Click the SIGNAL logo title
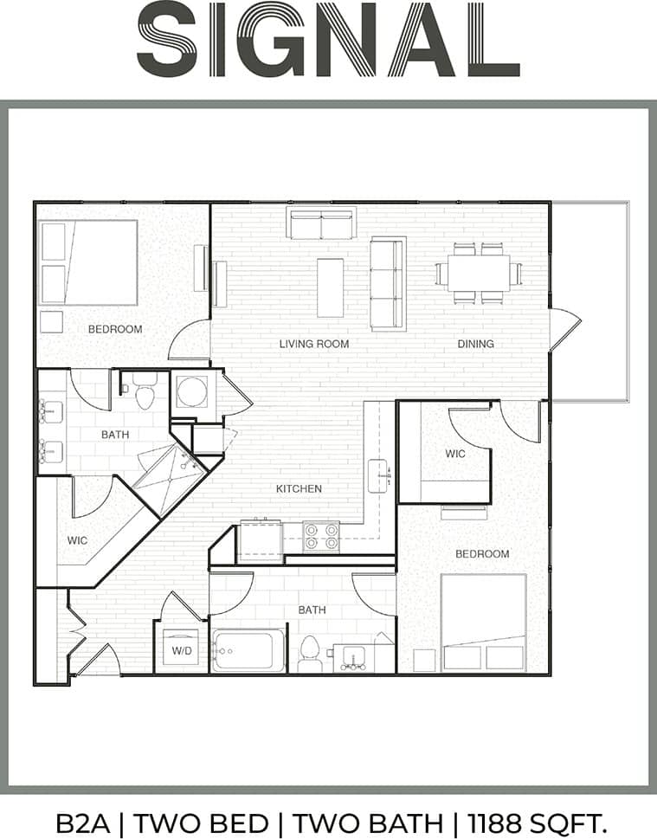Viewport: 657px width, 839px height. click(x=328, y=40)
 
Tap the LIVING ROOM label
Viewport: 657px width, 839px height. click(x=314, y=344)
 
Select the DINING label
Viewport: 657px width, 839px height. click(x=475, y=344)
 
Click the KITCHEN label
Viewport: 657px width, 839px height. click(x=299, y=488)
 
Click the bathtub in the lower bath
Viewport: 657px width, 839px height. click(x=248, y=649)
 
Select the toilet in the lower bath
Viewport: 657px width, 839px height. click(x=310, y=654)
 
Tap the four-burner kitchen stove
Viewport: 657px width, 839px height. click(x=320, y=537)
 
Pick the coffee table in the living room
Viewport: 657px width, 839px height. click(x=330, y=287)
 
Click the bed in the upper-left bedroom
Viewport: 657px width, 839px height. click(x=88, y=261)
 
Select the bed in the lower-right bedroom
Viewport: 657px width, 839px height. click(x=483, y=622)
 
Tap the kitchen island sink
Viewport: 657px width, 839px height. click(x=378, y=474)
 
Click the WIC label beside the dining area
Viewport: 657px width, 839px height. click(x=455, y=454)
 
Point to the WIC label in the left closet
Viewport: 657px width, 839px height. click(x=77, y=540)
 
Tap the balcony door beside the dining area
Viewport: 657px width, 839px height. click(x=564, y=330)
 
